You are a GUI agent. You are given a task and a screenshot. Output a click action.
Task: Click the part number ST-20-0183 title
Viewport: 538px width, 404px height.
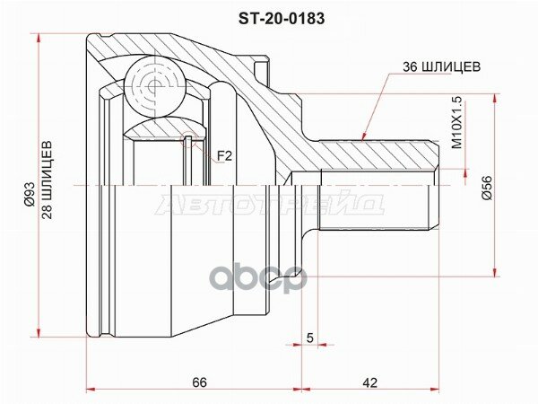(282, 19)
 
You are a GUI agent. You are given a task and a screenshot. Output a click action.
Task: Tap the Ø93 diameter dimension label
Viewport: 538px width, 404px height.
(30, 194)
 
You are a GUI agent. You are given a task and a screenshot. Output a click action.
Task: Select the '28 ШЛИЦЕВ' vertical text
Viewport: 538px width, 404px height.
(47, 180)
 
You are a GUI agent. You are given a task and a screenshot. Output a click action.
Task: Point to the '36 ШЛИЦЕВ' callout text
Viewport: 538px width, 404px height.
(441, 66)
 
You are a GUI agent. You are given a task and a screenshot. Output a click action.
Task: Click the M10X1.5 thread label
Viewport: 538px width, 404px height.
(457, 123)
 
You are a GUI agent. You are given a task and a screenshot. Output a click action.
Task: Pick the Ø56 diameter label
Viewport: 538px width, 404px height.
(487, 188)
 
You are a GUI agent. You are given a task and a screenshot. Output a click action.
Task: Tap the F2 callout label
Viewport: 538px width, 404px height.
(225, 156)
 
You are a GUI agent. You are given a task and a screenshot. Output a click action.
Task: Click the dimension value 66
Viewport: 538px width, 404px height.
(200, 382)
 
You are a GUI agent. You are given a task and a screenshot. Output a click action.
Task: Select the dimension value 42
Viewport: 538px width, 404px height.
(369, 382)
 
